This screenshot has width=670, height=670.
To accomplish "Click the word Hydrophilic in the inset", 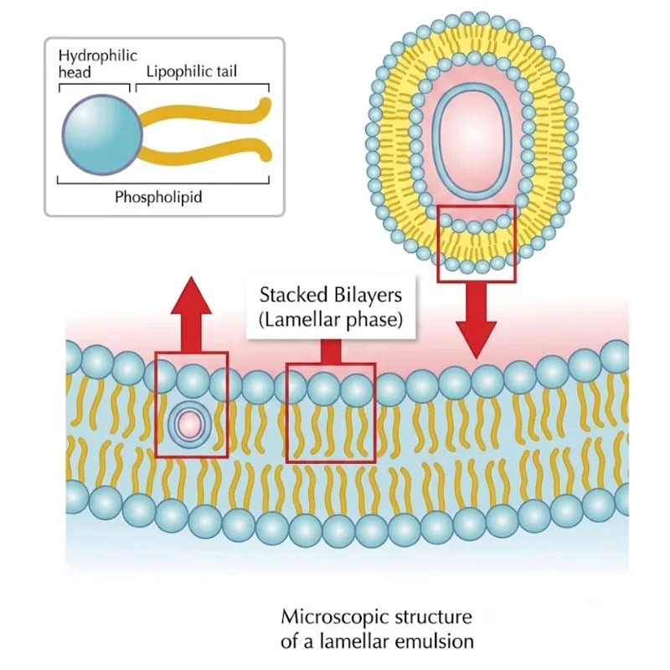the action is coord(98,56).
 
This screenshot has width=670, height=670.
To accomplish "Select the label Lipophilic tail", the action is coord(192,71).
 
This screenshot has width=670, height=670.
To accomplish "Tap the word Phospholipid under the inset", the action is coord(158,198).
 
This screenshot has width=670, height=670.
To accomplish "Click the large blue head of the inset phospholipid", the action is coord(102,135).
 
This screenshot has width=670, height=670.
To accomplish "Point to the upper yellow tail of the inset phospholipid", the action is coord(205,113).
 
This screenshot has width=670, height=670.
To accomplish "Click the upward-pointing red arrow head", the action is coord(191,296).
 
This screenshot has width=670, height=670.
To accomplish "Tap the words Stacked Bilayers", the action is coord(331,296).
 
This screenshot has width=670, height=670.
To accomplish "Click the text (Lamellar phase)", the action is coord(331,320).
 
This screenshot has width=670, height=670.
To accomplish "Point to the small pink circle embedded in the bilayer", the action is coord(190,425).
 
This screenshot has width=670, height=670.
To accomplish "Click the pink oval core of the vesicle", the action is coord(472,141).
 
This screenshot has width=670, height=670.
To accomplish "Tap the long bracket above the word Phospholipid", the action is coord(163,183).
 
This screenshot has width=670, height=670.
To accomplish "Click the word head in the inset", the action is coord(75,73).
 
